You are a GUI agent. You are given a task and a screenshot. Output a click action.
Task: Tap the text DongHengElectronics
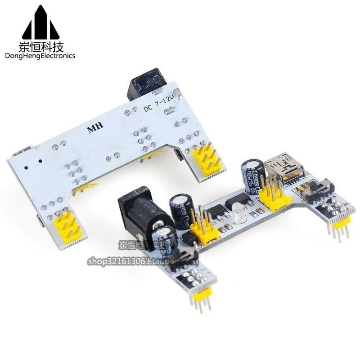[40, 56]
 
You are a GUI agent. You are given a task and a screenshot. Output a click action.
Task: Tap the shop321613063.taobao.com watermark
[157, 261]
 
